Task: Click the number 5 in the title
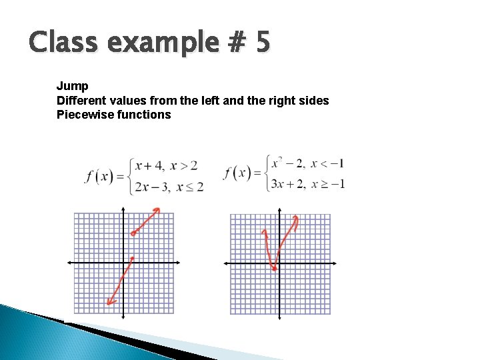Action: point(262,43)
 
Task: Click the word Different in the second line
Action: point(81,101)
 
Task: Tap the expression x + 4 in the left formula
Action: point(147,165)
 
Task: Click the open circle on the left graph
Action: point(133,233)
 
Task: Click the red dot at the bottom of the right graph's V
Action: point(275,269)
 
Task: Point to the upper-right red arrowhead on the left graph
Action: point(158,210)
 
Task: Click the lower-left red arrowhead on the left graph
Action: point(109,303)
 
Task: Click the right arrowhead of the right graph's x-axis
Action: point(334,263)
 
